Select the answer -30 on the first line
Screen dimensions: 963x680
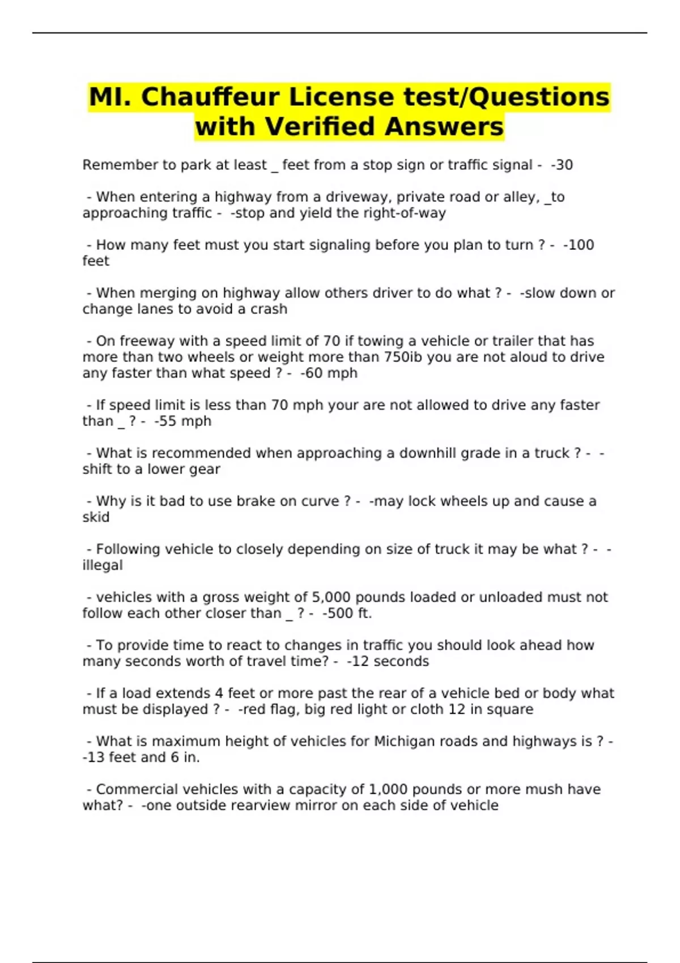562,165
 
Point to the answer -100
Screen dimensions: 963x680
579,245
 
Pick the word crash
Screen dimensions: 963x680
269,309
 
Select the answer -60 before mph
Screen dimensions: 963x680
312,373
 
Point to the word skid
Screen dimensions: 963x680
96,517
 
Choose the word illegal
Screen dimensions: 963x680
103,565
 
